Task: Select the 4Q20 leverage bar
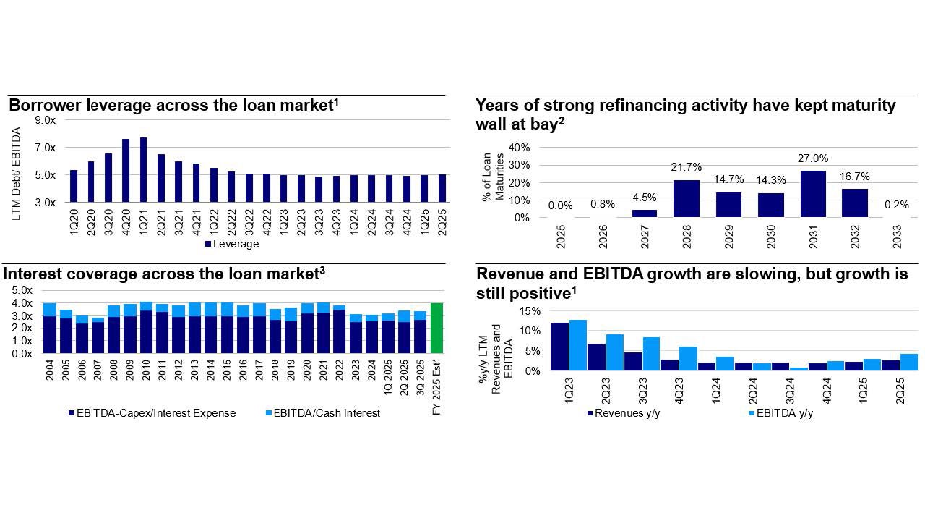(x=126, y=171)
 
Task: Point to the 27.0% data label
(x=813, y=158)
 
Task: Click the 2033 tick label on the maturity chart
(x=896, y=237)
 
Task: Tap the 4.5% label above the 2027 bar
(x=645, y=198)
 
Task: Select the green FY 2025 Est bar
(x=436, y=329)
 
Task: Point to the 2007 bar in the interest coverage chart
(x=98, y=336)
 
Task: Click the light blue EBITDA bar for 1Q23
(x=577, y=345)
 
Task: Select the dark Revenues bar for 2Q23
(x=596, y=357)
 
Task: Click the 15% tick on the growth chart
(x=530, y=311)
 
